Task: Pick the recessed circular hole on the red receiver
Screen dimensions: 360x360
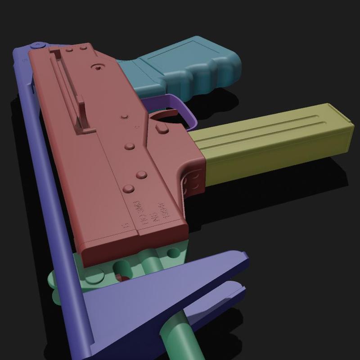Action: point(96,67)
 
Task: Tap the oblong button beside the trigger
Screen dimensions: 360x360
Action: point(162,130)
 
